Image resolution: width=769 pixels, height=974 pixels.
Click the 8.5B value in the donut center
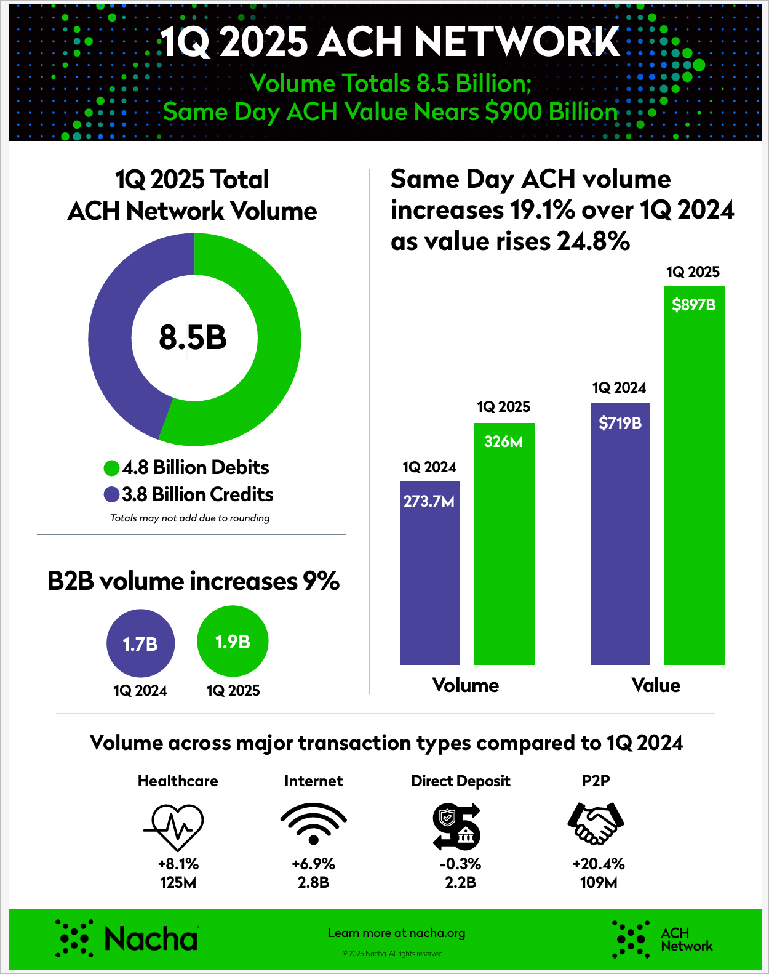(193, 337)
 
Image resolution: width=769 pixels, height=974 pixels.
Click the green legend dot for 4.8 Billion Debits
(111, 468)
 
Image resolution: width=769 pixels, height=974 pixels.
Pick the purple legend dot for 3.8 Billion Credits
(111, 494)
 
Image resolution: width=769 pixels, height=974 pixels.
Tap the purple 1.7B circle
(141, 643)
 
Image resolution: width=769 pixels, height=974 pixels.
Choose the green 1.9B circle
(233, 642)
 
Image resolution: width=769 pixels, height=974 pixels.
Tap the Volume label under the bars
(466, 685)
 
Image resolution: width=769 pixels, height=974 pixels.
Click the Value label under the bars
(656, 685)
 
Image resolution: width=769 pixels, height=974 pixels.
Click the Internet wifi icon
(313, 825)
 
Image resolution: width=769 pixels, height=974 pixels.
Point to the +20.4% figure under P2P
(598, 864)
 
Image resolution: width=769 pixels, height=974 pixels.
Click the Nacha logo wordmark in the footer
(151, 939)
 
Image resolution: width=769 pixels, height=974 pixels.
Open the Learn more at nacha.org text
(396, 933)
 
